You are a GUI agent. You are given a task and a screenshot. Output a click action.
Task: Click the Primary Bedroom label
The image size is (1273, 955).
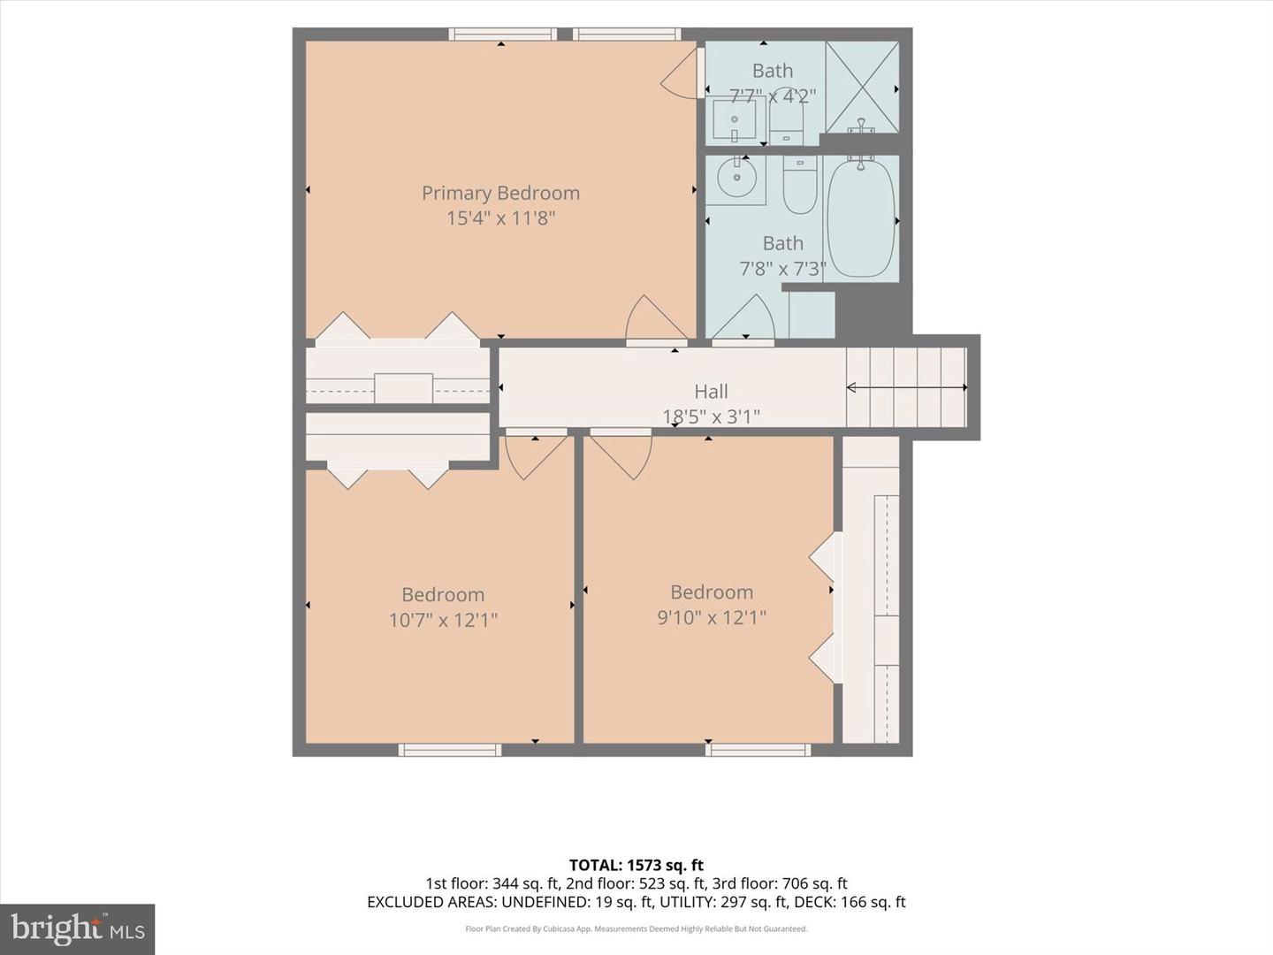pyautogui.click(x=500, y=193)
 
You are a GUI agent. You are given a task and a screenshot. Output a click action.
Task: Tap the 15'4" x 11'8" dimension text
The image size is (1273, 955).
pyautogui.click(x=500, y=218)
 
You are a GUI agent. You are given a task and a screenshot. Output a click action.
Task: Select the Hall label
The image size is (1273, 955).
pyautogui.click(x=711, y=392)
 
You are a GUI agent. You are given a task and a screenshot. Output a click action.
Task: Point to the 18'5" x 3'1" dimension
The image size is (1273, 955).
pyautogui.click(x=711, y=416)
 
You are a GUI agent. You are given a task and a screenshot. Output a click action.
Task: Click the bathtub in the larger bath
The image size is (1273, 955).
pyautogui.click(x=861, y=218)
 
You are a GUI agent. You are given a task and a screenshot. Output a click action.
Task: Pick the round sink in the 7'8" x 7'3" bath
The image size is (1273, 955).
pyautogui.click(x=736, y=177)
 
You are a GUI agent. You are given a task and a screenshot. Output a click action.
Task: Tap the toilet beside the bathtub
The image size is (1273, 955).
pyautogui.click(x=800, y=185)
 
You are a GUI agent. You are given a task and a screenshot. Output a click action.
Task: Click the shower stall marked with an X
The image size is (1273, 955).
pyautogui.click(x=863, y=87)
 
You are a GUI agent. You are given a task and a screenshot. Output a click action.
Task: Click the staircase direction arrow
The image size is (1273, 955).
pyautogui.click(x=907, y=387)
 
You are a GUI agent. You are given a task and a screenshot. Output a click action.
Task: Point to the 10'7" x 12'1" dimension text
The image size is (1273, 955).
pyautogui.click(x=443, y=621)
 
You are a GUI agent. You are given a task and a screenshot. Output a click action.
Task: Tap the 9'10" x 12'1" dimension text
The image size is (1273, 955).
pyautogui.click(x=711, y=617)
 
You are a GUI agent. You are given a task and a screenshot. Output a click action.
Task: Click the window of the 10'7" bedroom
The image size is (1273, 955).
pyautogui.click(x=449, y=750)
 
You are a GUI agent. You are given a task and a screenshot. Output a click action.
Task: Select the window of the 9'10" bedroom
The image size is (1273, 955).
pyautogui.click(x=758, y=750)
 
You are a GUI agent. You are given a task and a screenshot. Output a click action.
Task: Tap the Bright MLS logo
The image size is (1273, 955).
pyautogui.click(x=77, y=928)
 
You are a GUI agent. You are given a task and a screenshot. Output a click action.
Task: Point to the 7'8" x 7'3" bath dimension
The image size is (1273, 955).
pyautogui.click(x=782, y=269)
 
